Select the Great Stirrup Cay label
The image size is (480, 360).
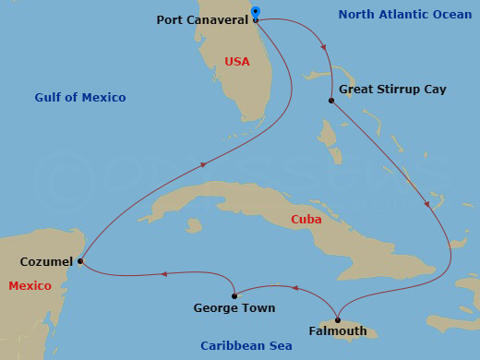click(x=392, y=90)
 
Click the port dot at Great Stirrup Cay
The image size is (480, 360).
click(x=330, y=100)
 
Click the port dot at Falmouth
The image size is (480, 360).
click(x=338, y=319)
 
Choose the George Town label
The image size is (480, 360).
click(x=234, y=307)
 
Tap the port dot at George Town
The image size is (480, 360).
click(x=235, y=295)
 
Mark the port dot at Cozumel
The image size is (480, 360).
click(x=80, y=261)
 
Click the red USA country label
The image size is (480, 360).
click(x=237, y=62)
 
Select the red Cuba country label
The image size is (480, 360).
click(x=306, y=220)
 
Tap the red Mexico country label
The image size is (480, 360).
click(x=30, y=286)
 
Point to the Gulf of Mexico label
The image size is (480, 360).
click(x=80, y=97)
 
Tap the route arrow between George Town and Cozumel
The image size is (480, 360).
click(x=163, y=273)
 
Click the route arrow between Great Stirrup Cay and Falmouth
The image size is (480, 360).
click(x=426, y=204)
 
